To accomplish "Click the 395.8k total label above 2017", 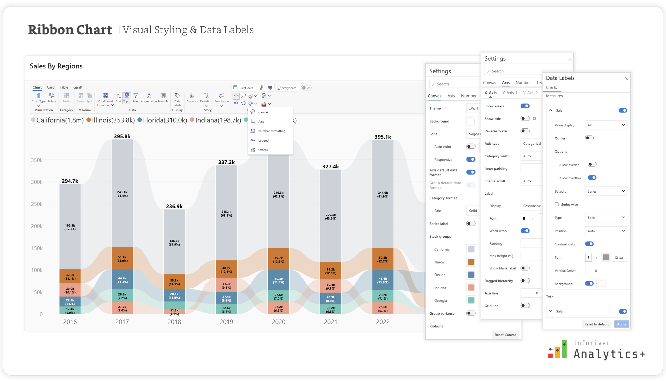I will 122,136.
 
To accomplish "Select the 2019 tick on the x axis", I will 226,322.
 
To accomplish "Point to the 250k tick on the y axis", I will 37,204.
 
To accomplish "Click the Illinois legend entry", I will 111,120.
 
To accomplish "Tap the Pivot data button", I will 243,88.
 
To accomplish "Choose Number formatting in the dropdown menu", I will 272,131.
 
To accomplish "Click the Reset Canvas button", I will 505,335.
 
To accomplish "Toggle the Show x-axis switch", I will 525,106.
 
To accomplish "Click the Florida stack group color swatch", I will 471,275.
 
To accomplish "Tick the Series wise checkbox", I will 557,204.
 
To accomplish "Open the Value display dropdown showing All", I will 606,125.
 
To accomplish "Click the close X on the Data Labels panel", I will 627,79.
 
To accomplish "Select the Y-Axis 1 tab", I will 510,93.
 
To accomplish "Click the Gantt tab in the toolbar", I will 78,87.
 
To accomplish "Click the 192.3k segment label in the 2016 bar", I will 70,227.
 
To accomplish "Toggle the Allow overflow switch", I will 592,178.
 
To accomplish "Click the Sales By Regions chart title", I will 56,66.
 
